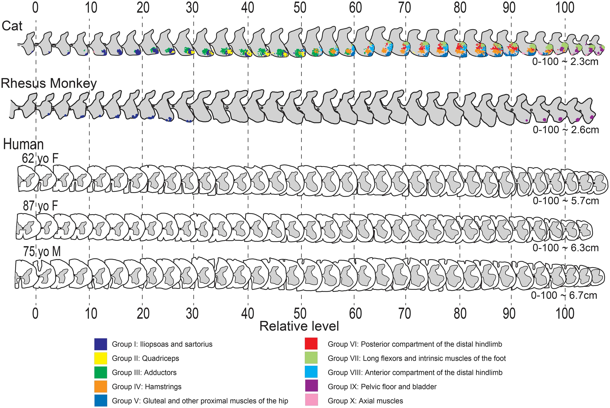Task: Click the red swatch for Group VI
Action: (311, 344)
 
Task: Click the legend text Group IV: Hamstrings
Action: (146, 387)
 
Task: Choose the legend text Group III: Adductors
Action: (144, 372)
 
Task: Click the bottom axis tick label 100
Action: (565, 314)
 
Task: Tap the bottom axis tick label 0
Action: (35, 314)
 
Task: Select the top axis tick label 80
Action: (460, 8)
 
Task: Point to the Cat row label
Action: (12, 26)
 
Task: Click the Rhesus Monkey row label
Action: (49, 84)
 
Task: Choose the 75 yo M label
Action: (42, 252)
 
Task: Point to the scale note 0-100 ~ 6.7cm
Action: (564, 295)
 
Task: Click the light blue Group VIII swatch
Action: (311, 372)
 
